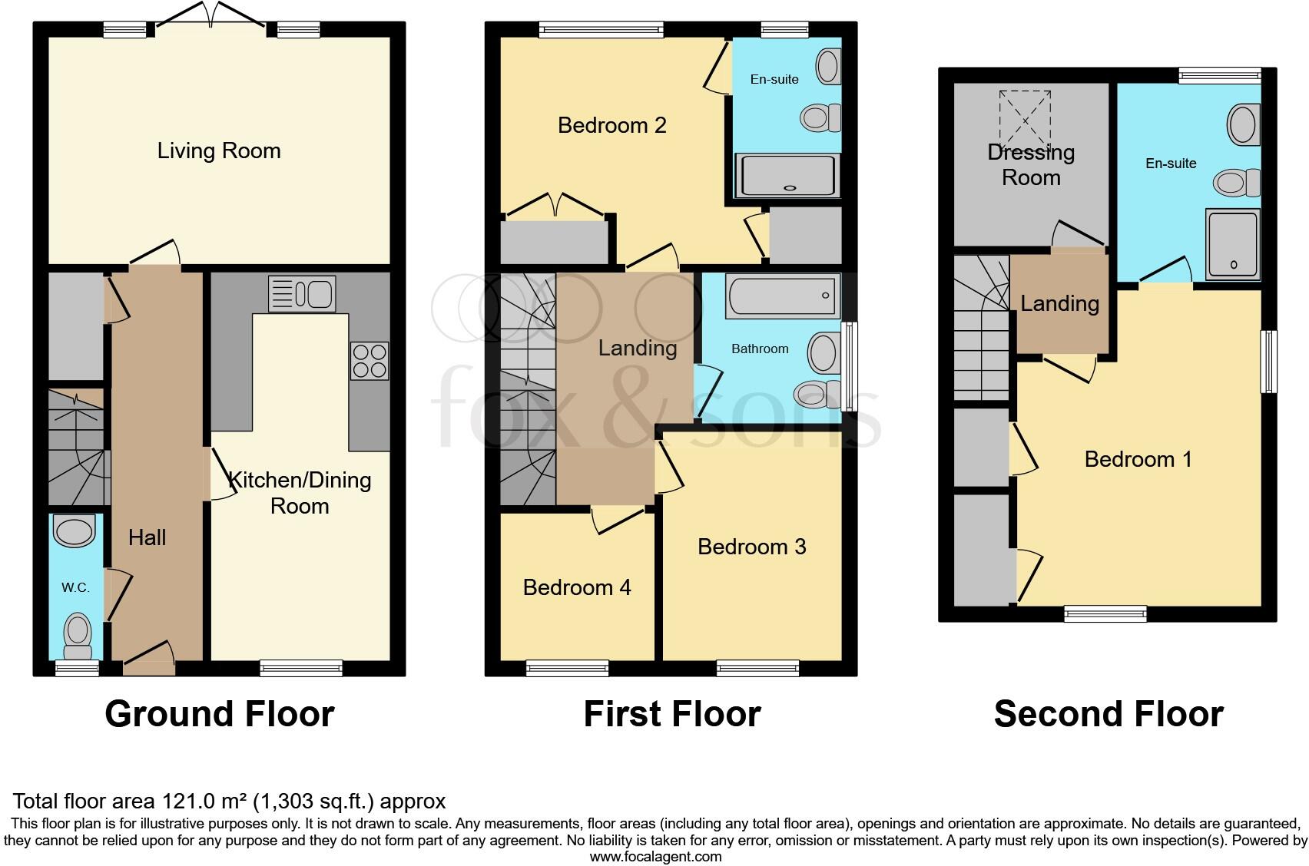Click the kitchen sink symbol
(x=302, y=294)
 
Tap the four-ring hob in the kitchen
(x=370, y=361)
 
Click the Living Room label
(x=219, y=150)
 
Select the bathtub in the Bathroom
(x=784, y=296)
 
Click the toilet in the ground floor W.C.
(x=77, y=636)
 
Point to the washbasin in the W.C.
(x=75, y=531)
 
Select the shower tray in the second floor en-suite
(x=1232, y=243)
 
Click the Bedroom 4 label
(x=577, y=588)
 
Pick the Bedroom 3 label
(x=751, y=547)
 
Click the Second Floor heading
(x=1108, y=714)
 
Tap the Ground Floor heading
(x=220, y=714)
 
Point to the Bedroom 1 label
(x=1138, y=459)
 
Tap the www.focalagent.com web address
(x=655, y=857)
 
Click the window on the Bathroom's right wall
(x=849, y=366)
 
